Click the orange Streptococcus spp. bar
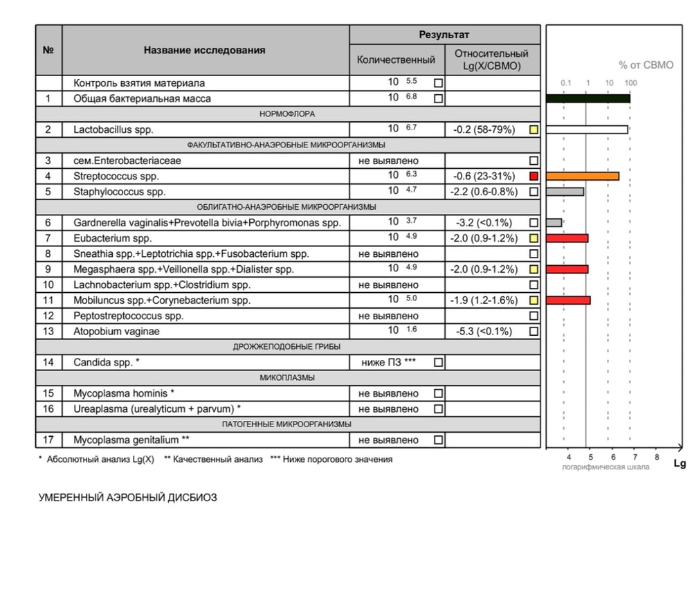tap(582, 176)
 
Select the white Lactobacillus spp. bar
tap(587, 129)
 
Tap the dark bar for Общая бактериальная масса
tap(588, 98)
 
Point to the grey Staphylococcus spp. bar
tap(565, 192)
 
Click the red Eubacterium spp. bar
tap(567, 238)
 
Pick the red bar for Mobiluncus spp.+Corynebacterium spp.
tap(568, 300)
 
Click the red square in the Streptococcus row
tap(533, 176)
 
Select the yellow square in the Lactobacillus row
tap(533, 129)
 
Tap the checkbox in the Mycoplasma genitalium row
tap(438, 440)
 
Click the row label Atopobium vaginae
tap(116, 332)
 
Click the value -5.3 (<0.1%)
tap(484, 332)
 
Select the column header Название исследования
tap(204, 50)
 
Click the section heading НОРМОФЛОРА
tap(289, 114)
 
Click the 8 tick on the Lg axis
tap(656, 457)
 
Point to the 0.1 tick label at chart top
tap(566, 83)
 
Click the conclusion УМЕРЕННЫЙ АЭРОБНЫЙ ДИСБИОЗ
tap(127, 497)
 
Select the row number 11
tap(48, 300)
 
